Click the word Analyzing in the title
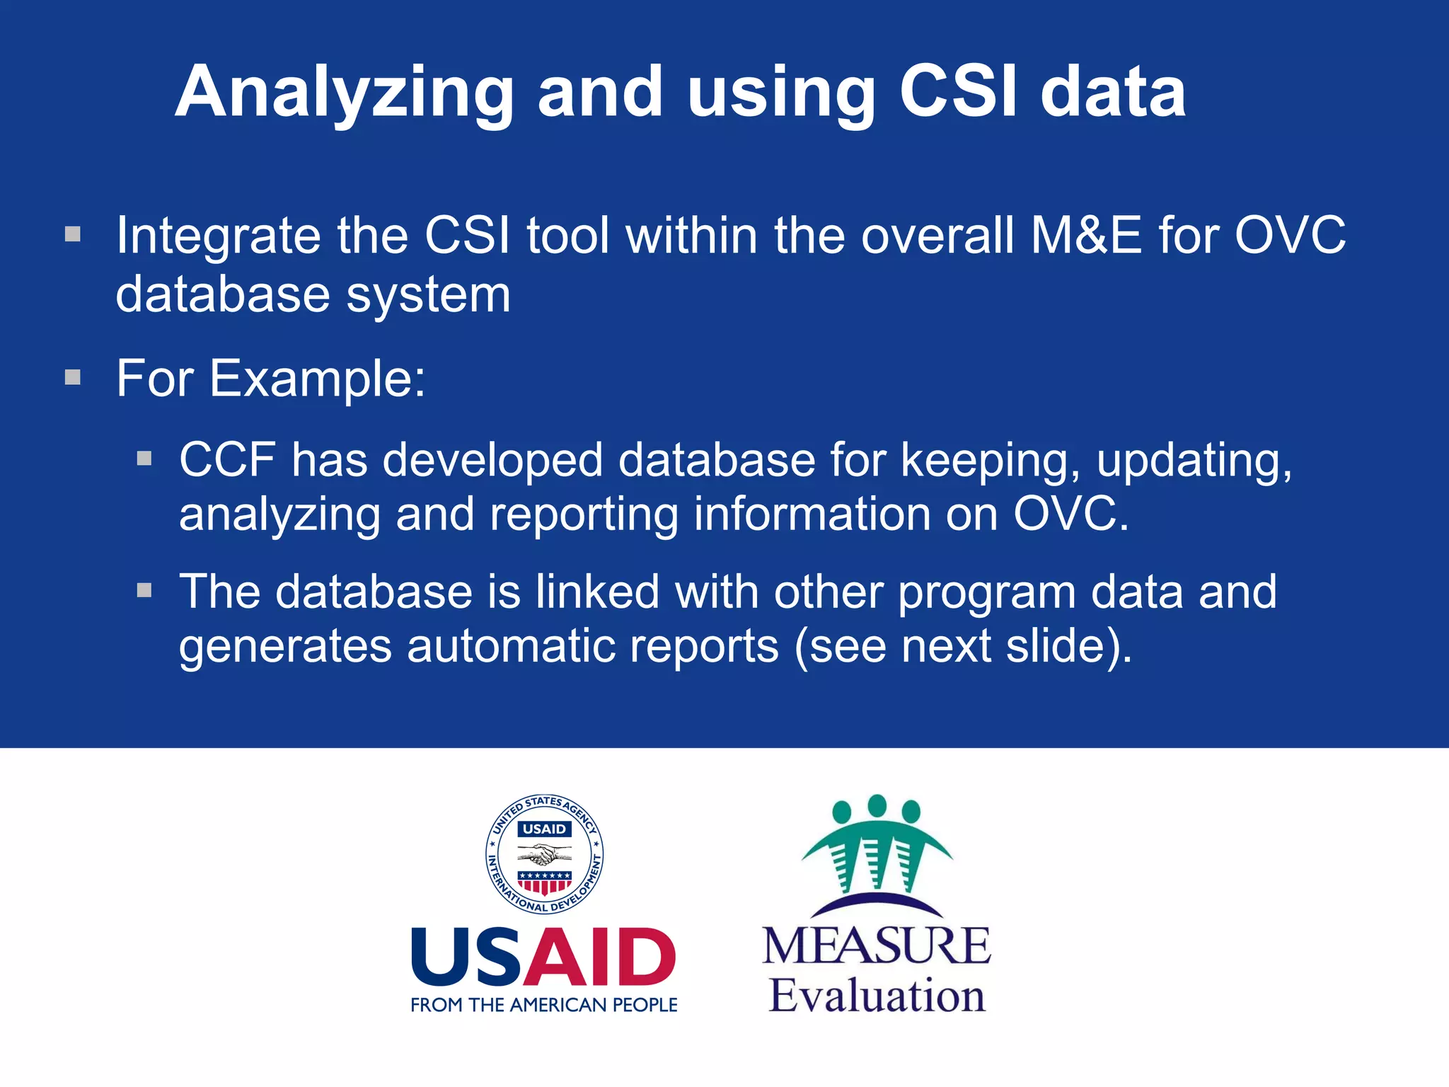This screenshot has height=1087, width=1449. [x=345, y=93]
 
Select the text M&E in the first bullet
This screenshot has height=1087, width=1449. [x=1086, y=235]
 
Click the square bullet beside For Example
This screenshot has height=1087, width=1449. [x=73, y=377]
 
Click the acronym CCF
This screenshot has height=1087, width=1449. [x=227, y=460]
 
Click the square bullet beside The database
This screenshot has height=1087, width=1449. [x=144, y=590]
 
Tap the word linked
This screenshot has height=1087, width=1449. [x=597, y=592]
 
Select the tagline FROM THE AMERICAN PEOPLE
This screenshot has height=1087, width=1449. [x=544, y=1005]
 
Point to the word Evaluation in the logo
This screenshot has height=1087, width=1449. [x=877, y=996]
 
